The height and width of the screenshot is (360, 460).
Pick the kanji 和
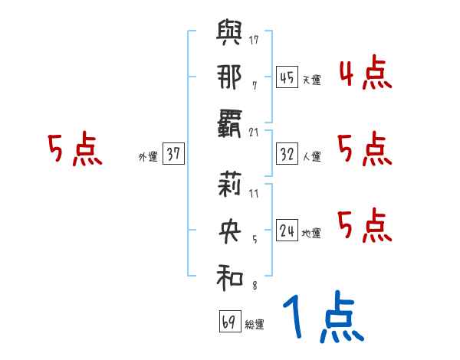229,276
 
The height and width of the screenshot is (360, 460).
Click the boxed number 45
287,77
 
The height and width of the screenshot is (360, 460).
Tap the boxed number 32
287,154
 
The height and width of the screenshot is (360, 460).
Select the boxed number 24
287,231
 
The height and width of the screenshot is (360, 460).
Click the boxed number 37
172,154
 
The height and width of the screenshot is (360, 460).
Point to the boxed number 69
229,322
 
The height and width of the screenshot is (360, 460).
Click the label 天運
311,80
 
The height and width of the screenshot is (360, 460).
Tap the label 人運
311,156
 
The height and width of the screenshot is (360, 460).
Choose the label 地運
311,233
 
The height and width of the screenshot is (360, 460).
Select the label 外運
147,156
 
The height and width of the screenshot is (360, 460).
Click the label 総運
255,324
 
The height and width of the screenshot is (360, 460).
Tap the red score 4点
365,74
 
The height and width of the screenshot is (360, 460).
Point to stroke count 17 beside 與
254,38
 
